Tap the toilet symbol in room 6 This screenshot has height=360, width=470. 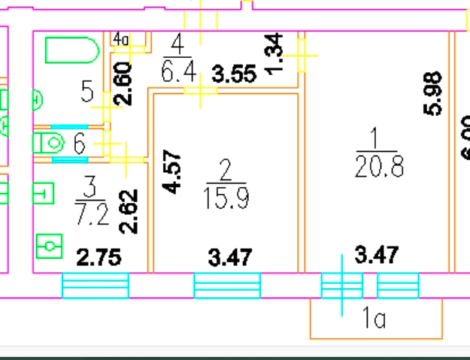(50, 141)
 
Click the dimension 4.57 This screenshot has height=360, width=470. (174, 174)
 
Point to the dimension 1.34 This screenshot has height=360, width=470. (276, 53)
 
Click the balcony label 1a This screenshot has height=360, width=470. (372, 319)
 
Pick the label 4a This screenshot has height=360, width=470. (121, 39)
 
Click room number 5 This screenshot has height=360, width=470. (87, 93)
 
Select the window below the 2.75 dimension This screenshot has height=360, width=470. (95, 286)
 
